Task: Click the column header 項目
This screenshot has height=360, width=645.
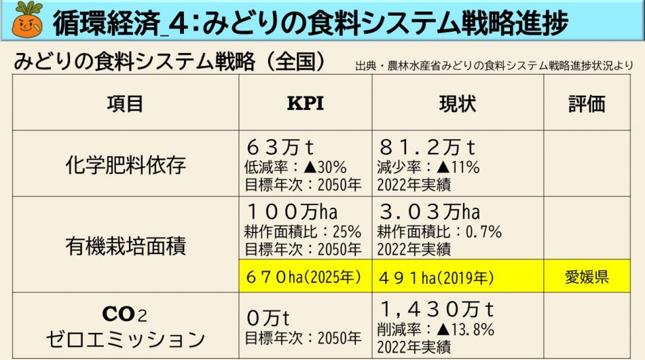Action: coord(126,103)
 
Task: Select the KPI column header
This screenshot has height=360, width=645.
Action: coord(306,103)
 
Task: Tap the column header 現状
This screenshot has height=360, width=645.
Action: coord(458,103)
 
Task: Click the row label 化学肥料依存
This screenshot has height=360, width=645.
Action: coord(126,164)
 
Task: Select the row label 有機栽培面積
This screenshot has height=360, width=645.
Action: coord(126,245)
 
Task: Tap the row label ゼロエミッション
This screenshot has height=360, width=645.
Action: coord(126,338)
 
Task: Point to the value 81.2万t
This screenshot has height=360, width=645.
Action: coord(427,147)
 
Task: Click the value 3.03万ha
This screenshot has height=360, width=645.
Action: coord(430,211)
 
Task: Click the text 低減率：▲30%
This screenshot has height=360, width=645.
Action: coord(295,167)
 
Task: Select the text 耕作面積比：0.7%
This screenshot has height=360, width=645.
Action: coord(439,232)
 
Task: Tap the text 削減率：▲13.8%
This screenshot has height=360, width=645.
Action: coord(435,330)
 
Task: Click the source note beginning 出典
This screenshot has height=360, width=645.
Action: coord(494,66)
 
